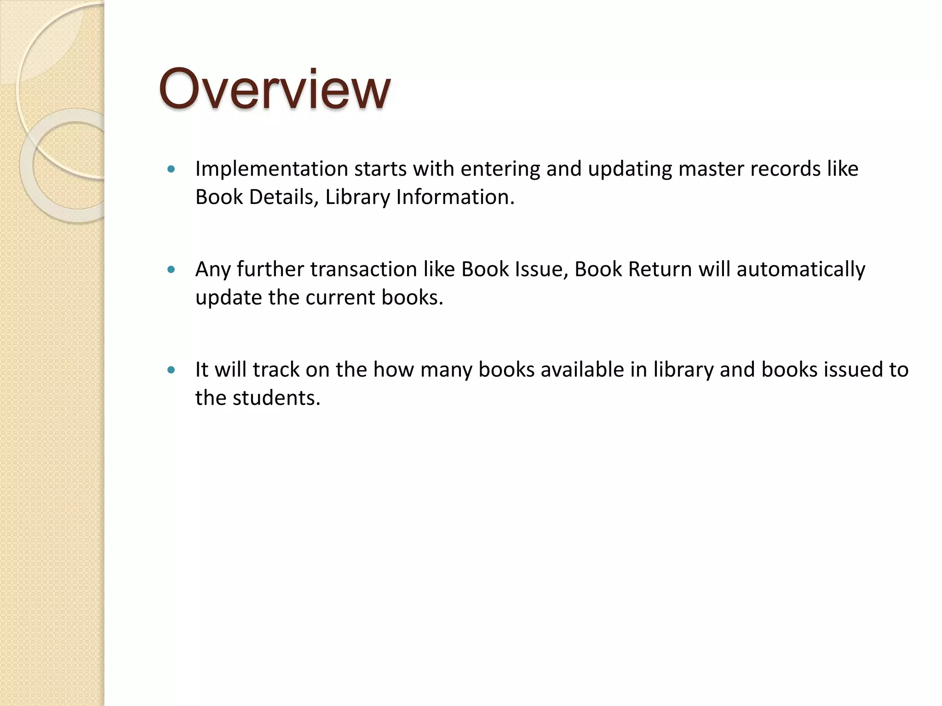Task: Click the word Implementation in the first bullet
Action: point(271,169)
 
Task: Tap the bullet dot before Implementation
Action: point(172,169)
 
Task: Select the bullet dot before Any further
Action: point(172,269)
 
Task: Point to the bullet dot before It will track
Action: point(172,370)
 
